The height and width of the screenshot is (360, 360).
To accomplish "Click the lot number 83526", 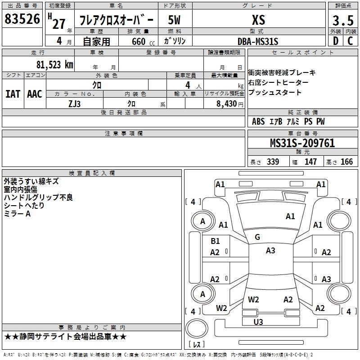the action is click(x=22, y=19).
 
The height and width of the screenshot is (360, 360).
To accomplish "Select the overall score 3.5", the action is click(x=343, y=20).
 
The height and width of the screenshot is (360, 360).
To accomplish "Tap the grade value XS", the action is click(x=258, y=20).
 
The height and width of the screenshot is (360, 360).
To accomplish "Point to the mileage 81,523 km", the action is click(x=54, y=65).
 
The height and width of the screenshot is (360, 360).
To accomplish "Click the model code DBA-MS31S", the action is click(x=258, y=41).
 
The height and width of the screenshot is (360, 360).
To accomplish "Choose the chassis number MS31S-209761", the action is click(x=302, y=143).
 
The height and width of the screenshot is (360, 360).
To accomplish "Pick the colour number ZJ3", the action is click(x=74, y=104).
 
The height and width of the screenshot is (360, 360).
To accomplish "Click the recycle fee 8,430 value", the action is click(x=227, y=103).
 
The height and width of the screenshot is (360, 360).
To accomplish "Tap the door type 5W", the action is click(x=174, y=20).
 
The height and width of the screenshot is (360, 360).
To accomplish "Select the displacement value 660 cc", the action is click(x=143, y=41).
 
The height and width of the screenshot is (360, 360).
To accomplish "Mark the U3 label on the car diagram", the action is click(x=258, y=322).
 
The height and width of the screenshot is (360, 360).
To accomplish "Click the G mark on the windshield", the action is click(x=257, y=237).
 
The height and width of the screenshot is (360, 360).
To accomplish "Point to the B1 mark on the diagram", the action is click(x=215, y=241).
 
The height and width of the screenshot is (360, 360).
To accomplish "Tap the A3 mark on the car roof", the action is click(x=270, y=251).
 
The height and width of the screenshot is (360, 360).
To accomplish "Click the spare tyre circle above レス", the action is click(x=197, y=328).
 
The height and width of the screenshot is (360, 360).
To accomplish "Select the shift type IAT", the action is click(x=13, y=94).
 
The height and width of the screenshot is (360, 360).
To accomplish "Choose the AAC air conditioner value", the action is click(x=35, y=94).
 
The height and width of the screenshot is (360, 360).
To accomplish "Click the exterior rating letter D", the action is click(x=336, y=41).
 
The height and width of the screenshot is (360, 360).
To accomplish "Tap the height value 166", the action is click(x=346, y=162).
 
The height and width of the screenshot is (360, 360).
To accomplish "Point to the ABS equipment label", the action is click(x=258, y=121).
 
